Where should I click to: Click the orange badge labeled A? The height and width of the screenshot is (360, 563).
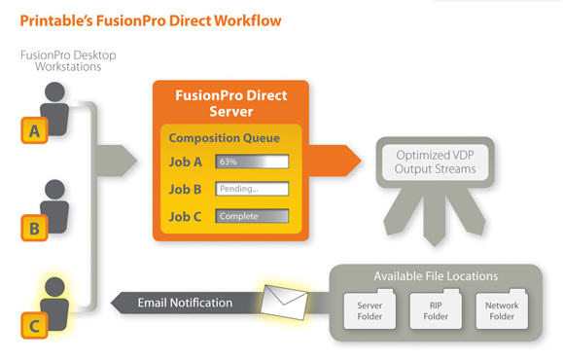(34, 130)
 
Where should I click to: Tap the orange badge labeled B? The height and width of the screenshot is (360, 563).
(34, 228)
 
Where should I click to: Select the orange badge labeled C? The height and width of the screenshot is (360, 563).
(34, 326)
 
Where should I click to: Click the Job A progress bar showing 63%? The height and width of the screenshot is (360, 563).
(252, 162)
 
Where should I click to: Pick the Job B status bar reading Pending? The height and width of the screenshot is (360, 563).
(252, 189)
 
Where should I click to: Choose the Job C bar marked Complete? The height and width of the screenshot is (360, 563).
(252, 216)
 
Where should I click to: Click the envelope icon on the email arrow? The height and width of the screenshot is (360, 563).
(284, 302)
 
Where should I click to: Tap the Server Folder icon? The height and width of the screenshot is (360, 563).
(369, 309)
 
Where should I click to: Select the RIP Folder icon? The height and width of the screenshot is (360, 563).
(436, 309)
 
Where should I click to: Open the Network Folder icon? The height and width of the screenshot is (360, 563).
(502, 309)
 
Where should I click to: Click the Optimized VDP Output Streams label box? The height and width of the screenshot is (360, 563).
(436, 162)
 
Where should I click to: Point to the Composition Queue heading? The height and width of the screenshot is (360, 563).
(224, 138)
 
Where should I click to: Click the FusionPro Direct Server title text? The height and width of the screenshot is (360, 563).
(231, 103)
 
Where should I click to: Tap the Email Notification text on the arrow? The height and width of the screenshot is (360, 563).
(185, 303)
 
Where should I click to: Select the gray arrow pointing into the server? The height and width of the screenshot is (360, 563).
(116, 161)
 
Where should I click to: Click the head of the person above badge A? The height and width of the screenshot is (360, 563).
(54, 92)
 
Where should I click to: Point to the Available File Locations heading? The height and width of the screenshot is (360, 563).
(436, 276)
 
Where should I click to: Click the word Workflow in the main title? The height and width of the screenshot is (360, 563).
(248, 20)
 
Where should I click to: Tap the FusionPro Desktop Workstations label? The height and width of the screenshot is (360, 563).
(68, 60)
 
